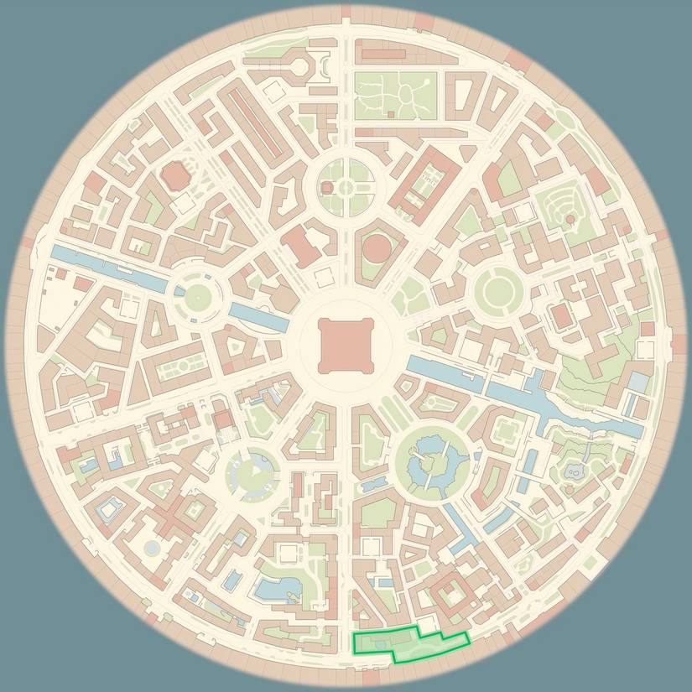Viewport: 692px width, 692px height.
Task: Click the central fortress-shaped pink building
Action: click(345, 345)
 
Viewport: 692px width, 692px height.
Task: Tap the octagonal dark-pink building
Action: click(175, 175)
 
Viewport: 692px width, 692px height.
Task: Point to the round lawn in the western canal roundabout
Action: click(199, 295)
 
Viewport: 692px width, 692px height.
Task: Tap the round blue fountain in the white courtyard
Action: click(152, 548)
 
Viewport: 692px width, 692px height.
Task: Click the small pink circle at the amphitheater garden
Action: click(570, 219)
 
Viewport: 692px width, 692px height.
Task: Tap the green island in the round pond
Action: click(433, 462)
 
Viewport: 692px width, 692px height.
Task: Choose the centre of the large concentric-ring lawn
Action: click(497, 290)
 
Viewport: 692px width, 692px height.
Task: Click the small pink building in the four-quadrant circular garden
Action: click(345, 187)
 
